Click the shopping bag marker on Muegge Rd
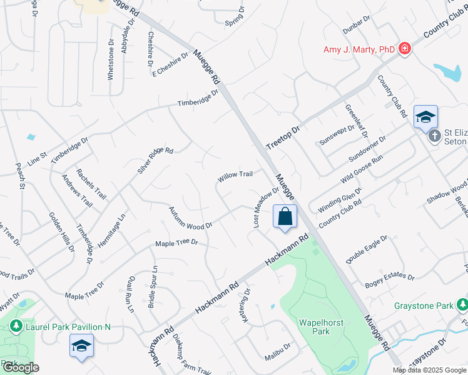tap(285, 217)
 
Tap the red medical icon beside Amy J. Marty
tap(405, 49)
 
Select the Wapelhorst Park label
tap(313, 327)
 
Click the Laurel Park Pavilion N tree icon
tap(15, 326)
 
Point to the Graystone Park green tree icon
tap(462, 305)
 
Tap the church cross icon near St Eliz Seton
tap(435, 136)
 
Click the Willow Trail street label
tap(235, 176)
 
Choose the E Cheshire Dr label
tap(170, 66)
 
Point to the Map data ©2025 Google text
tap(429, 370)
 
